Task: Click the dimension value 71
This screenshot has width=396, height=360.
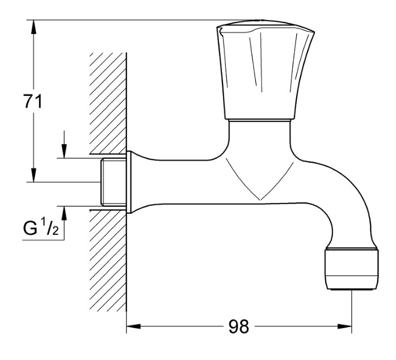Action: [33, 101]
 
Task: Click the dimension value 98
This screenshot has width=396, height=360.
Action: [239, 327]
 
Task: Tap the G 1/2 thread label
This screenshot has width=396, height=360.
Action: [41, 227]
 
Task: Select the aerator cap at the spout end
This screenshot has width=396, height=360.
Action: [352, 269]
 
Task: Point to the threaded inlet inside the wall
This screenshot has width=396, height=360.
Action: [113, 182]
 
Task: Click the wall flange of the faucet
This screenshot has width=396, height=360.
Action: [129, 183]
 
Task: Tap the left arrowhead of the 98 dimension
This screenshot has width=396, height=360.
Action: [133, 327]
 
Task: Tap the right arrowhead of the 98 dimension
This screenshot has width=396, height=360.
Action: [345, 327]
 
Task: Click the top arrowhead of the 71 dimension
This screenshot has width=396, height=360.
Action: [33, 27]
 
